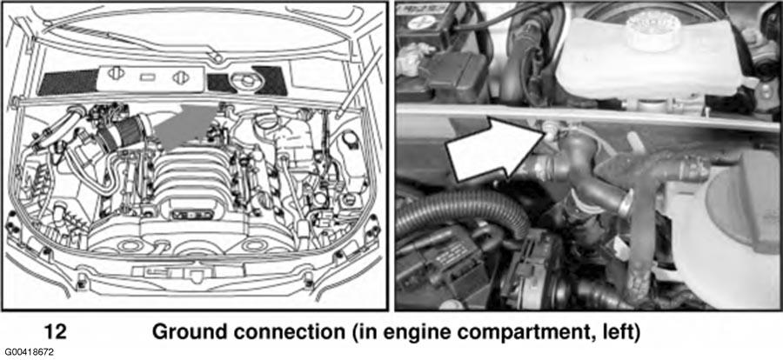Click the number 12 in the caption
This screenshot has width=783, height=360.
[56, 331]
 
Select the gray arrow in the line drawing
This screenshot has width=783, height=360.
[183, 126]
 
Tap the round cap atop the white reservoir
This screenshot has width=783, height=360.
[649, 27]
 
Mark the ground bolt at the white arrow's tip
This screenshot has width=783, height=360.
[550, 131]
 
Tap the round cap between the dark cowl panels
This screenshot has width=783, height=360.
[244, 81]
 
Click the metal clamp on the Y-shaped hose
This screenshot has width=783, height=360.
[624, 206]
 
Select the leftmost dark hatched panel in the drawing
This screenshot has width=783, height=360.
[67, 83]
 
